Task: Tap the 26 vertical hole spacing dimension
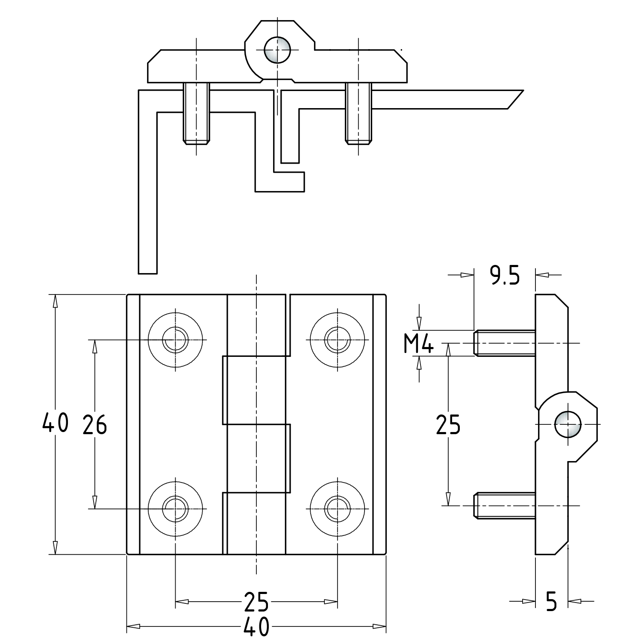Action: pos(94,425)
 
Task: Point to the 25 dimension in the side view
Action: pos(448,425)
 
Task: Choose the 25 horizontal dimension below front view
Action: pos(256,602)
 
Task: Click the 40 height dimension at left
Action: pos(55,423)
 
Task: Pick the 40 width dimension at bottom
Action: pos(256,626)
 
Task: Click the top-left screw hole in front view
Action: pos(175,340)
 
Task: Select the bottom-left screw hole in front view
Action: pos(175,509)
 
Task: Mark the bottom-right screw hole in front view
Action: pos(338,509)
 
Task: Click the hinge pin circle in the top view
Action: pos(277,50)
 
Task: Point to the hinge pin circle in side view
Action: pos(567,424)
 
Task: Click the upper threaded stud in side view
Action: pos(504,343)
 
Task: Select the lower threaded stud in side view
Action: pos(504,506)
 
